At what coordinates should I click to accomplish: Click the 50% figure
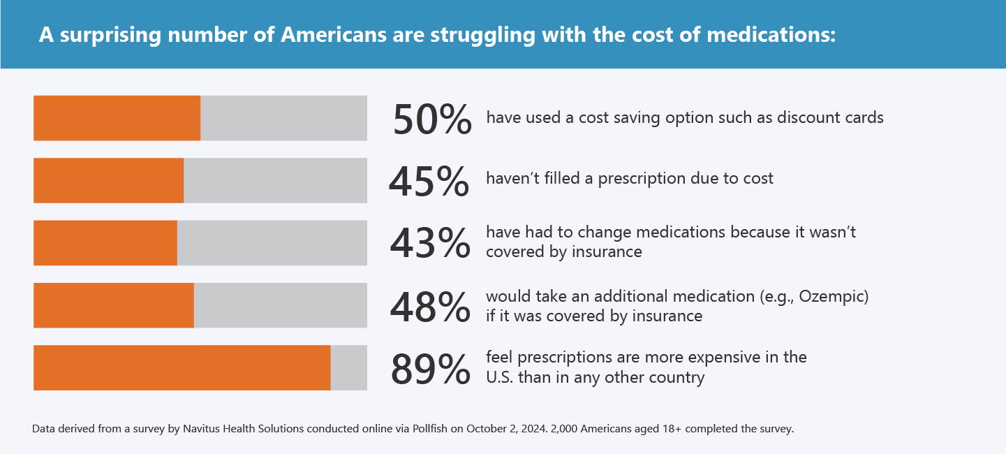tap(432, 119)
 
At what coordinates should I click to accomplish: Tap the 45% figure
tap(429, 181)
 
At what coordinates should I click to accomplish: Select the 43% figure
tap(429, 243)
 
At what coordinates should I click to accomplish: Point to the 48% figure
tap(430, 305)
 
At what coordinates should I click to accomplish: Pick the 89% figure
tap(430, 368)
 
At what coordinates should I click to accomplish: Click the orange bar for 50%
tap(117, 118)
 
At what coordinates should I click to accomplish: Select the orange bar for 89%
tap(182, 367)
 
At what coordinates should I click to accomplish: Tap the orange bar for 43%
tap(105, 243)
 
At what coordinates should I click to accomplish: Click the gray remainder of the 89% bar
tap(348, 367)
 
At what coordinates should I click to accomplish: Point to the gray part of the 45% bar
tap(275, 180)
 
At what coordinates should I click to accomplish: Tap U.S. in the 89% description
tap(501, 378)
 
